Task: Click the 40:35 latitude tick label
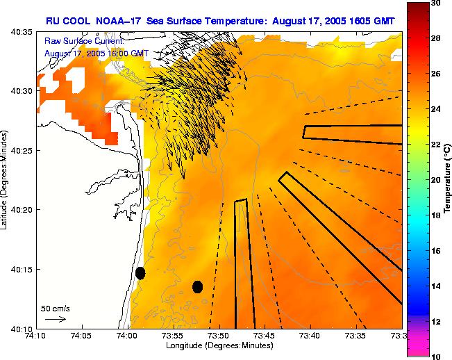(23, 32)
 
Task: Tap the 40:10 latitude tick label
(23, 328)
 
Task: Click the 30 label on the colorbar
(435, 3)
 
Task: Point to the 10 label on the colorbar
(435, 357)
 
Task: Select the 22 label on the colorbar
(435, 145)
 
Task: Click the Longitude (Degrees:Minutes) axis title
(218, 345)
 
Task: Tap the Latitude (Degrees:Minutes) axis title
(6, 180)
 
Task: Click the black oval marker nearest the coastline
(140, 273)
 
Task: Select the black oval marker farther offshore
(197, 286)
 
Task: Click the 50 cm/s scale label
(56, 308)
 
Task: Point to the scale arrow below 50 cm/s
(56, 319)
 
